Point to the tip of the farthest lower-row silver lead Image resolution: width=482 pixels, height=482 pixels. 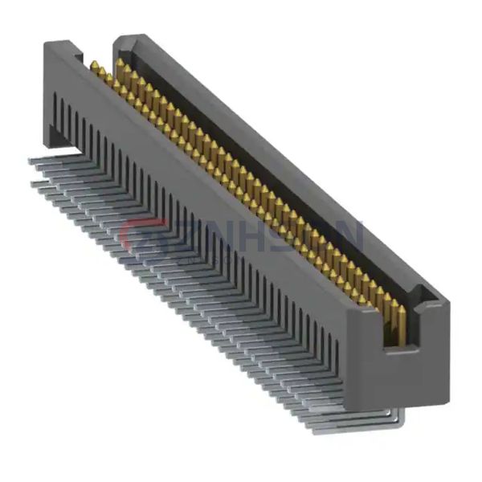pos(34,185)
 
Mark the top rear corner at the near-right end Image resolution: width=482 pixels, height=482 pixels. pos(447,304)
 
